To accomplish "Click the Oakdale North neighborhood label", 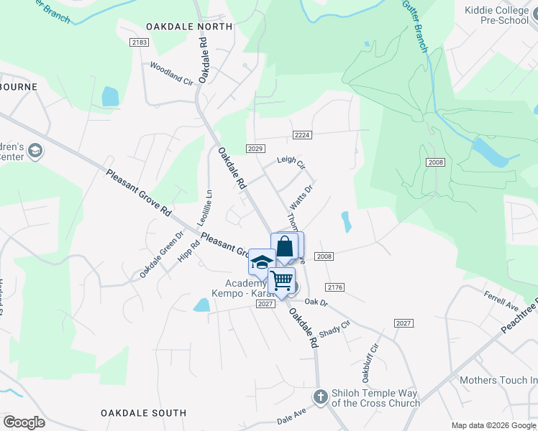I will click(x=189, y=27).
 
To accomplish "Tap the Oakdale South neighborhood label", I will click(x=143, y=413).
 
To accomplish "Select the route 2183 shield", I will click(x=140, y=43).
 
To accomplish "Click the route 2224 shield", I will click(x=302, y=135).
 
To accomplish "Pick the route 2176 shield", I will click(x=334, y=287).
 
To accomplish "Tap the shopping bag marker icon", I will click(x=285, y=246).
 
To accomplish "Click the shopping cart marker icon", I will click(x=282, y=279).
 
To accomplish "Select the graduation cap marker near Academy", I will click(x=262, y=261).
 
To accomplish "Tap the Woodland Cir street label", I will click(x=171, y=74).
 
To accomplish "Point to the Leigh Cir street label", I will click(x=291, y=163).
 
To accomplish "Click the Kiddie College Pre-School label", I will click(x=497, y=15).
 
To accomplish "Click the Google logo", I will click(x=24, y=422).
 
